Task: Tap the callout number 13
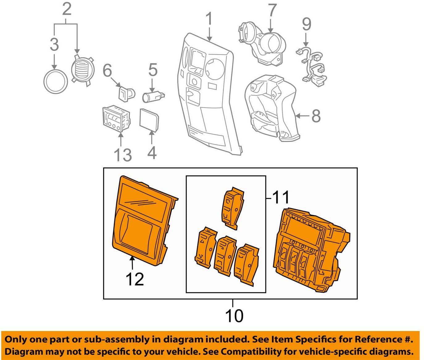123,155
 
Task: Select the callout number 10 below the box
234,316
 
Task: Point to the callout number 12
135,279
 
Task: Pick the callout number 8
316,116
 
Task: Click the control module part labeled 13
116,119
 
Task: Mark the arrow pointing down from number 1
210,34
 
